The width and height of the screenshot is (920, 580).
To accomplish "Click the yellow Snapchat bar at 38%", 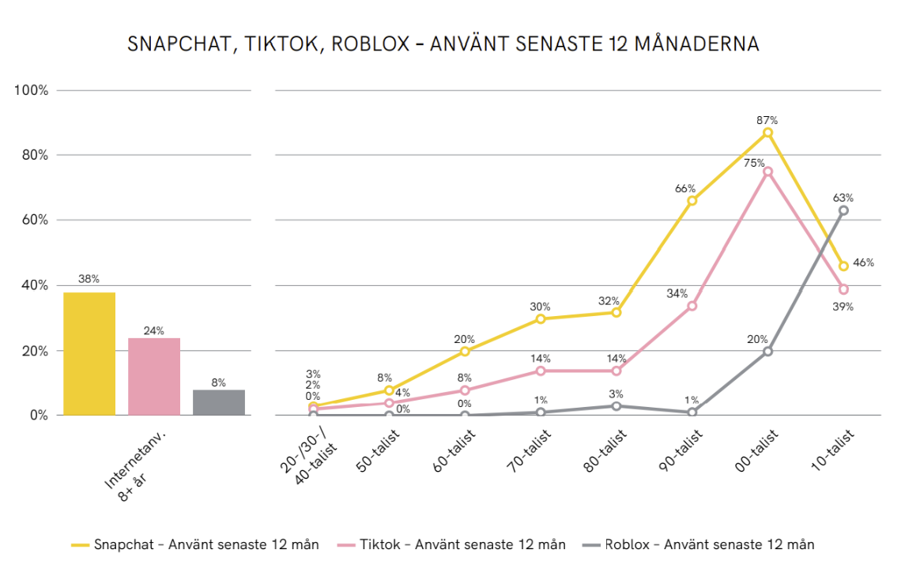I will click(89, 353).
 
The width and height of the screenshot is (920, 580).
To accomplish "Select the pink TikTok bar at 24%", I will click(154, 376).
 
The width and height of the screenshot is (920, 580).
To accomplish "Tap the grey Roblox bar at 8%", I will click(219, 402).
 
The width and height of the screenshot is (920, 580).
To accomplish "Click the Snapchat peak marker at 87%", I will click(767, 133).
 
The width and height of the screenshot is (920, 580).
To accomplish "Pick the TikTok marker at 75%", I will click(767, 171).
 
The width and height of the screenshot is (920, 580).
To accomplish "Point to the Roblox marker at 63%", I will click(843, 210).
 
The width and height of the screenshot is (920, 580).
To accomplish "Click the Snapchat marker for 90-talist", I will click(692, 201).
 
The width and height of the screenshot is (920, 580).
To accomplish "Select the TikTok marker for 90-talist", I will click(692, 305).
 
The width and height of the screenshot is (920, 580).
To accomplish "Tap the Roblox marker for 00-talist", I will click(767, 351).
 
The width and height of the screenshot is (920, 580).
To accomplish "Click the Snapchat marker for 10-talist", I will click(843, 266).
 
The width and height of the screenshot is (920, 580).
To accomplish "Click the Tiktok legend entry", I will click(451, 544).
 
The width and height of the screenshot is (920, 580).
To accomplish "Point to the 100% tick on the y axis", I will click(32, 90).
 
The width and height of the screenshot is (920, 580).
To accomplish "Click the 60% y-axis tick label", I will click(34, 220).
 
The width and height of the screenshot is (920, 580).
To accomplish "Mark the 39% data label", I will click(843, 307).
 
